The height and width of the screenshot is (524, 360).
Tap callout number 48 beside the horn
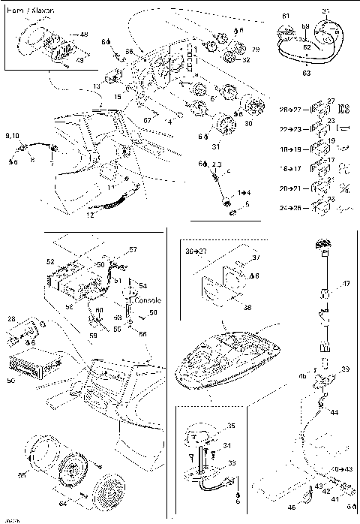[x=83, y=34]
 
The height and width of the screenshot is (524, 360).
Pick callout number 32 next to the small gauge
[x=247, y=60]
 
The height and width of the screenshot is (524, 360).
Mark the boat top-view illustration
[x=226, y=360]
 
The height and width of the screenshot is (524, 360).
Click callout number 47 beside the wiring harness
[x=346, y=284]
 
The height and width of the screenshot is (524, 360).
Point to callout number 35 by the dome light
[x=230, y=425]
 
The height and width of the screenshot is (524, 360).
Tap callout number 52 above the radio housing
[x=50, y=262]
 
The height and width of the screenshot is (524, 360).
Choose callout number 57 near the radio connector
[x=133, y=249]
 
